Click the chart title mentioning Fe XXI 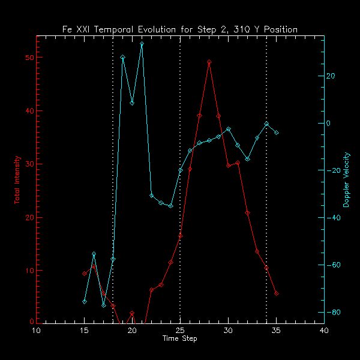point(180,29)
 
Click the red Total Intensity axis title point(17,179)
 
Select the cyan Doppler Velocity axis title point(346,179)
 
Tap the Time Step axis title point(180,338)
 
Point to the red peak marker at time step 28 point(209,62)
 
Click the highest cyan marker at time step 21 point(142,44)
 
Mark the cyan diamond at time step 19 point(122,57)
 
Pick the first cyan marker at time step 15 point(85,301)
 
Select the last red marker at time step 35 point(276,294)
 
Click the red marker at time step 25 point(180,236)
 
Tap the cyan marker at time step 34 point(266,124)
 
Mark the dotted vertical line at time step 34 point(266,210)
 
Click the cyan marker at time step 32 point(247,159)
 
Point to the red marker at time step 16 point(94,266)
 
